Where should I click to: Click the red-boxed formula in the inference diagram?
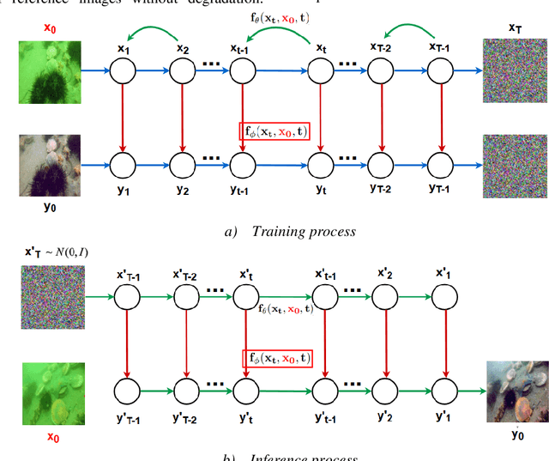[275, 358]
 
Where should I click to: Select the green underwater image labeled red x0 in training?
[51, 71]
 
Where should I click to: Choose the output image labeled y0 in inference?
[516, 391]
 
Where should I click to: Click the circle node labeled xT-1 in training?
[442, 71]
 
